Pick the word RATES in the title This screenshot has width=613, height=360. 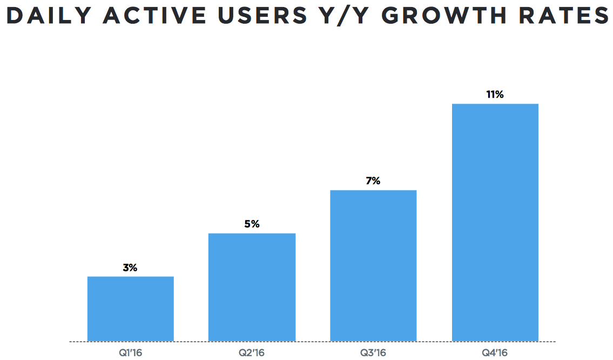[562, 16]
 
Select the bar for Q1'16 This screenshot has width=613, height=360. [130, 309]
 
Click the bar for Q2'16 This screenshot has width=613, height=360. [252, 287]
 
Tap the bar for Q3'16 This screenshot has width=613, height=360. [373, 266]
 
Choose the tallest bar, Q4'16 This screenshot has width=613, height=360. [495, 222]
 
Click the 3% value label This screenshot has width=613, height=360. [130, 267]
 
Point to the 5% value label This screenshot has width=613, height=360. [252, 224]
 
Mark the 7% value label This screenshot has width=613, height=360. [373, 181]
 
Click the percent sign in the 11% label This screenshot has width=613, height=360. [500, 94]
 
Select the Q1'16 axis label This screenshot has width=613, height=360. [130, 353]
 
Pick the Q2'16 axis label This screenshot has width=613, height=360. [252, 353]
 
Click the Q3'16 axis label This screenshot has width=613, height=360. [373, 353]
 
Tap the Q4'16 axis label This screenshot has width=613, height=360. [495, 353]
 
